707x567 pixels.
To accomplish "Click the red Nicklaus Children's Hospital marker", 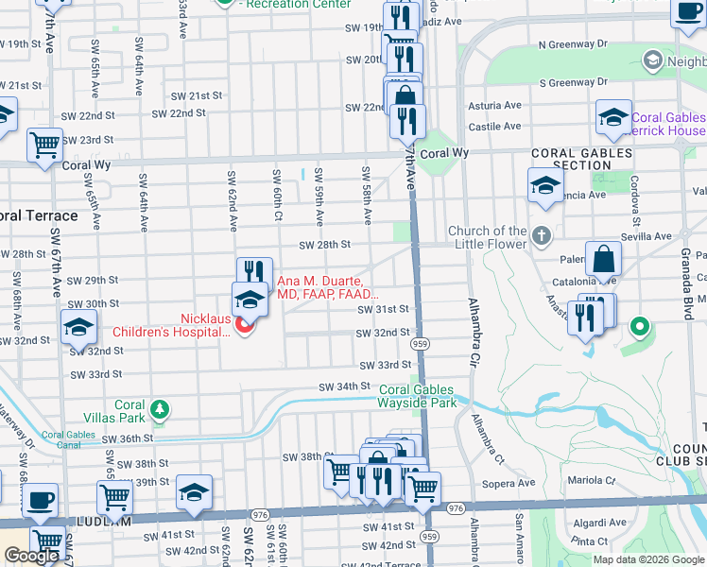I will pos(245,326).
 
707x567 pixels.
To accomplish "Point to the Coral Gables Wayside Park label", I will pos(418,396).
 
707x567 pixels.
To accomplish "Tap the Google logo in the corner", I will pos(31,556).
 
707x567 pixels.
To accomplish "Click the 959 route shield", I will pos(421,343).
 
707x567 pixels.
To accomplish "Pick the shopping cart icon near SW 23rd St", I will pos(44,146).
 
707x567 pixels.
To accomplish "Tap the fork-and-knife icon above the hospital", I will pos(253,274).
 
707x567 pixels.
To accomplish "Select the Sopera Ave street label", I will pos(510,483).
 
